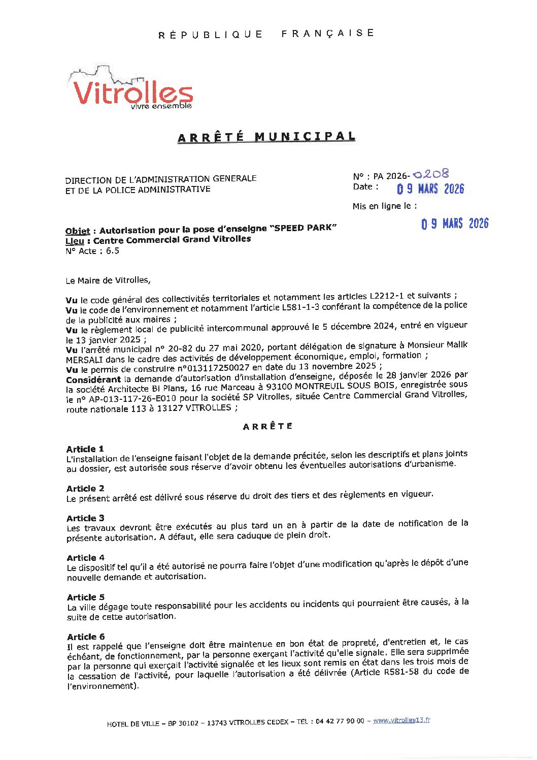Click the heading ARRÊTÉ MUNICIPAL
(266, 137)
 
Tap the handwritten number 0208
(431, 174)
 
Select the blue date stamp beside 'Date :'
(430, 189)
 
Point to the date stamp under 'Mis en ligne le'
(455, 224)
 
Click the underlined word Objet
(78, 231)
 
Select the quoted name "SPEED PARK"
(305, 228)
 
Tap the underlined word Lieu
(75, 241)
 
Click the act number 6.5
(112, 251)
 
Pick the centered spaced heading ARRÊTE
(267, 426)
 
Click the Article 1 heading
(85, 449)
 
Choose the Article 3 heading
(85, 518)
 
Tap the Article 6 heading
(86, 637)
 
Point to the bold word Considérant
(93, 379)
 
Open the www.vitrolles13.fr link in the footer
(401, 720)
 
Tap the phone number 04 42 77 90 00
(340, 721)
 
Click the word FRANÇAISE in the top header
(328, 34)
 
